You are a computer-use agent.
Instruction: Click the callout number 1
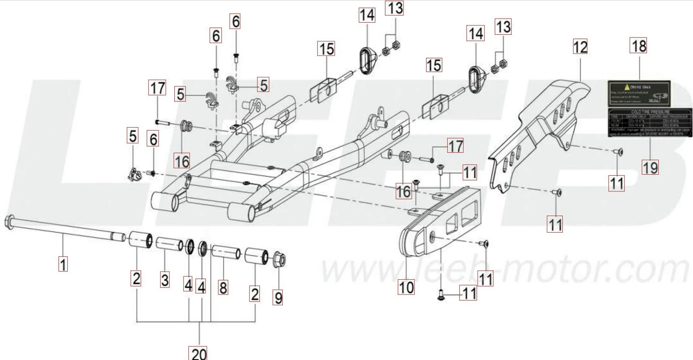pyautogui.click(x=63, y=265)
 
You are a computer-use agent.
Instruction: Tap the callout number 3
pyautogui.click(x=165, y=280)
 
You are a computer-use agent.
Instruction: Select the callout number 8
pyautogui.click(x=223, y=288)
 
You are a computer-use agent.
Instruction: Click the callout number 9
pyautogui.click(x=278, y=297)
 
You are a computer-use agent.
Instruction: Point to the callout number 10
pyautogui.click(x=406, y=287)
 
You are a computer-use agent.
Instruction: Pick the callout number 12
pyautogui.click(x=580, y=47)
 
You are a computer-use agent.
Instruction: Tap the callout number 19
pyautogui.click(x=650, y=168)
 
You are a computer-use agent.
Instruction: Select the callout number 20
pyautogui.click(x=199, y=353)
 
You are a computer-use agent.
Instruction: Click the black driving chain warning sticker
pyautogui.click(x=639, y=94)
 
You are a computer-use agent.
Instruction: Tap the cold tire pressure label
pyautogui.click(x=650, y=122)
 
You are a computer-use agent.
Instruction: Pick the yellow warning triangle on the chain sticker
pyautogui.click(x=626, y=87)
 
